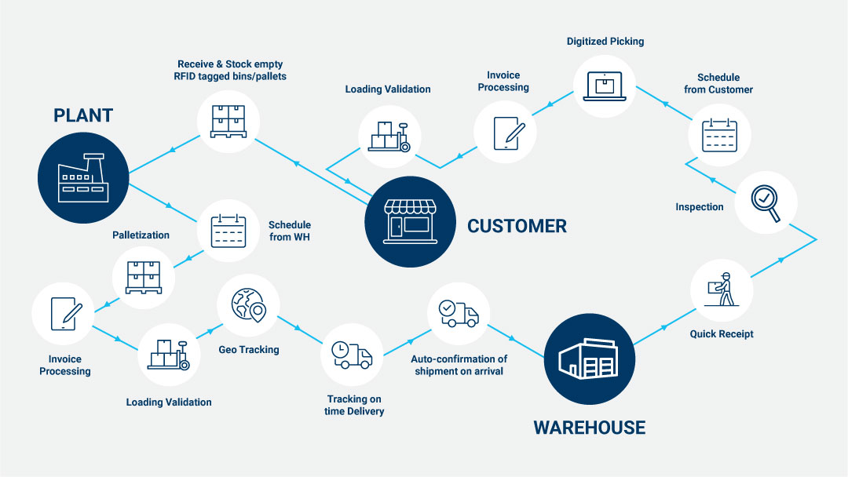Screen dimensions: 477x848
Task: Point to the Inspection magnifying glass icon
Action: point(765,202)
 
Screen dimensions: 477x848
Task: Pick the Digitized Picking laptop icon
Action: point(604,84)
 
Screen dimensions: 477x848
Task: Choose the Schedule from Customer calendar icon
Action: point(718,133)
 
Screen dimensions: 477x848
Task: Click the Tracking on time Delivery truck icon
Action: point(351,355)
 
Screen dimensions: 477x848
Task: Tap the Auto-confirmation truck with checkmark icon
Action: point(459,313)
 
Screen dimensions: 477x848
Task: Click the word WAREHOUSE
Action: point(589,428)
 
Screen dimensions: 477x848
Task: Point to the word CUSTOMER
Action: point(516,227)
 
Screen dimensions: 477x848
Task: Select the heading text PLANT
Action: point(83,115)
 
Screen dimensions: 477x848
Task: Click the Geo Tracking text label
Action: point(249,349)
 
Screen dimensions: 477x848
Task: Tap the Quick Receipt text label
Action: point(722,333)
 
